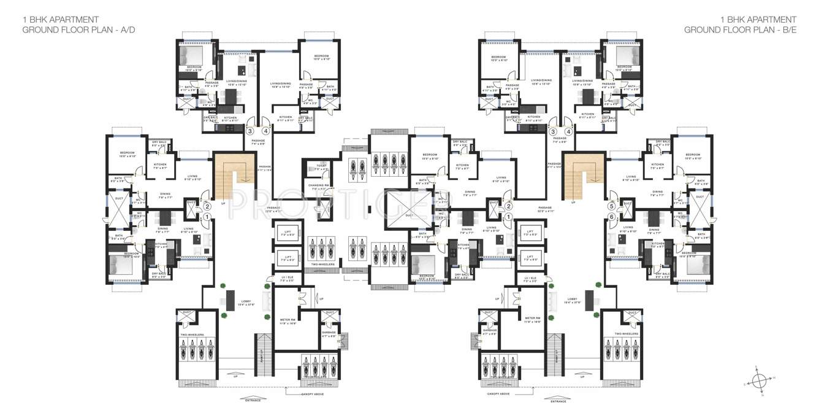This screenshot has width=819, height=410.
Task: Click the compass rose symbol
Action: coord(760,378)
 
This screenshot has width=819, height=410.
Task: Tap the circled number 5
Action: coord(611,207)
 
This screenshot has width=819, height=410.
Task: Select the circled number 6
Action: coord(611,216)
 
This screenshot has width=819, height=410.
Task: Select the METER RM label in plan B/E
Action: coord(531,319)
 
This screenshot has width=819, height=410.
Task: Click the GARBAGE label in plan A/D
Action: coord(329,332)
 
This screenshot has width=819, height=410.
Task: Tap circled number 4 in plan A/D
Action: coord(266,131)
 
